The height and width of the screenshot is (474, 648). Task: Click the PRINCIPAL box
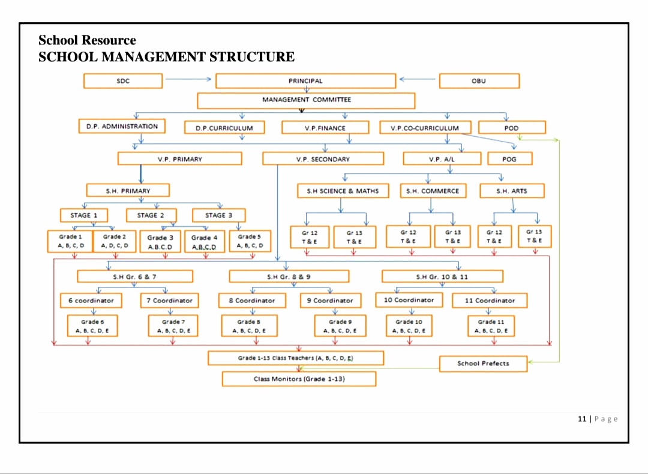[x=305, y=81]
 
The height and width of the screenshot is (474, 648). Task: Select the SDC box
[x=123, y=81]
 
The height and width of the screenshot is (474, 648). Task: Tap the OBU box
[x=479, y=81]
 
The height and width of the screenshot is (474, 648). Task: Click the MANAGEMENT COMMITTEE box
[x=306, y=100]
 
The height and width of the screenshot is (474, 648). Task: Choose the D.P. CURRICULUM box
[x=224, y=128]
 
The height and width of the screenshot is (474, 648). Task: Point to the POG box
[x=509, y=159]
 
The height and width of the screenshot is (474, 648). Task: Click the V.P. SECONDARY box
[x=323, y=159]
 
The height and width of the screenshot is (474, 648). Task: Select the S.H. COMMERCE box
[x=432, y=191]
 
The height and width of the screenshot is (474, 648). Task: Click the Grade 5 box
[x=250, y=241]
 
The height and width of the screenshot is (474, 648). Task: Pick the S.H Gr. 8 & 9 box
[x=289, y=277]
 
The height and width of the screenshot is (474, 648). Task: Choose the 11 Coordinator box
[x=490, y=300]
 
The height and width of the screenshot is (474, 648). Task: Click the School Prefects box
[x=483, y=364]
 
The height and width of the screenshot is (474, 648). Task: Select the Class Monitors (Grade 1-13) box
[x=299, y=379]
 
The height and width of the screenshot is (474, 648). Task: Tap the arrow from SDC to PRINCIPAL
[x=188, y=79]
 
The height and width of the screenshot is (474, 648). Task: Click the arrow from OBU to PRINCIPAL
[x=418, y=79]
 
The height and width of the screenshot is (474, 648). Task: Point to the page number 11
[x=581, y=419]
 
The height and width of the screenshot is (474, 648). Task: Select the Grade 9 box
[x=340, y=326]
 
